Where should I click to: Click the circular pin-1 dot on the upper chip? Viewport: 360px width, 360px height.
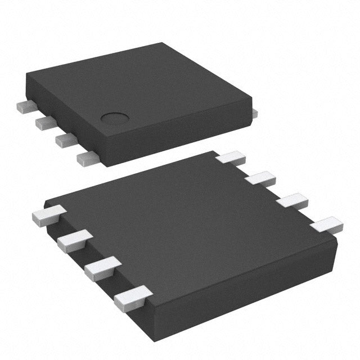115,118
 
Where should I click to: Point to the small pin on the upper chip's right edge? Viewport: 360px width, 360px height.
254,114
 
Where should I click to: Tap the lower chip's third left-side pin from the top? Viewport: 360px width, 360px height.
101,266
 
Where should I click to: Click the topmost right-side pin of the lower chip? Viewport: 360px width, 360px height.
231,157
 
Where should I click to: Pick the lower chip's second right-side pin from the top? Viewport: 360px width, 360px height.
260,179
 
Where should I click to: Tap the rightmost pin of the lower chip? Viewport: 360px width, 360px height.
326,226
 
